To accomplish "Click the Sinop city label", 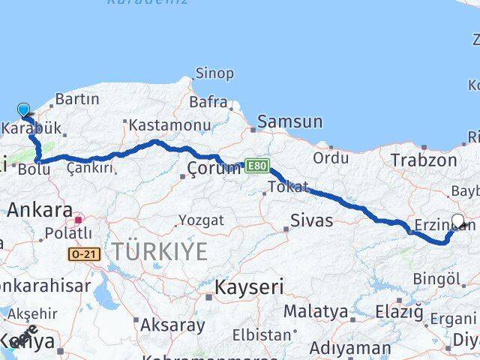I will (x=214, y=73).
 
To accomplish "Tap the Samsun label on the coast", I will (x=289, y=121).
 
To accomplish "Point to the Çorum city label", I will (x=209, y=169).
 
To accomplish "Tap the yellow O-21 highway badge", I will (x=84, y=255).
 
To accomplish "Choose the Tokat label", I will (x=289, y=187).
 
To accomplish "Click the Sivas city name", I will (x=312, y=220).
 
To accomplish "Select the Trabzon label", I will (x=423, y=160).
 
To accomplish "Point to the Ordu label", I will (x=331, y=158).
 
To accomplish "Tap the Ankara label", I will (x=40, y=211).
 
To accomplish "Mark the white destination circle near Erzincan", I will (x=458, y=221).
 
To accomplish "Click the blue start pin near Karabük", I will (x=23, y=111).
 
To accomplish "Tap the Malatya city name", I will (x=315, y=311).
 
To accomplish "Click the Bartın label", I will (x=77, y=99).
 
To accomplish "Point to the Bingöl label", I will (x=436, y=279).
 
